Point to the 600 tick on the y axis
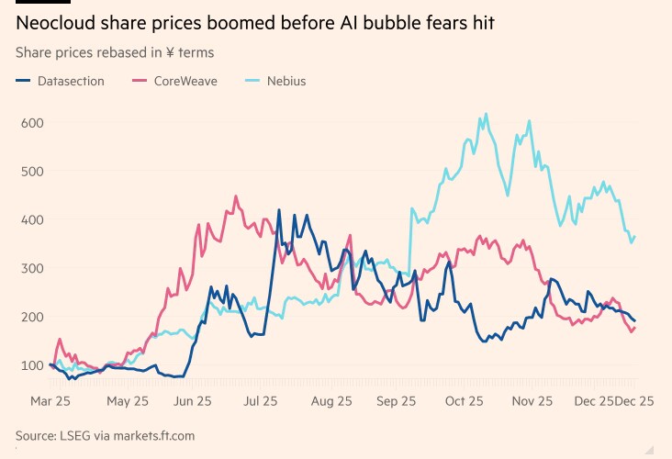coord(33,123)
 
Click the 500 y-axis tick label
coord(33,172)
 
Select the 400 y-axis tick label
coord(33,220)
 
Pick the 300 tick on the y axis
coord(33,269)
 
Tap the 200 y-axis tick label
coord(33,318)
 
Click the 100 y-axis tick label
coord(33,366)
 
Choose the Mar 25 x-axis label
coord(50,401)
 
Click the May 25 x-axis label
coord(128,401)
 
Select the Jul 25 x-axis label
coord(262,401)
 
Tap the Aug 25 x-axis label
coord(331,401)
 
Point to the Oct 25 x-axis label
coord(465,401)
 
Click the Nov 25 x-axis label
coord(532,401)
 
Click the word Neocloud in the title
coord(58,23)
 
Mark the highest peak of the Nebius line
coord(486,114)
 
